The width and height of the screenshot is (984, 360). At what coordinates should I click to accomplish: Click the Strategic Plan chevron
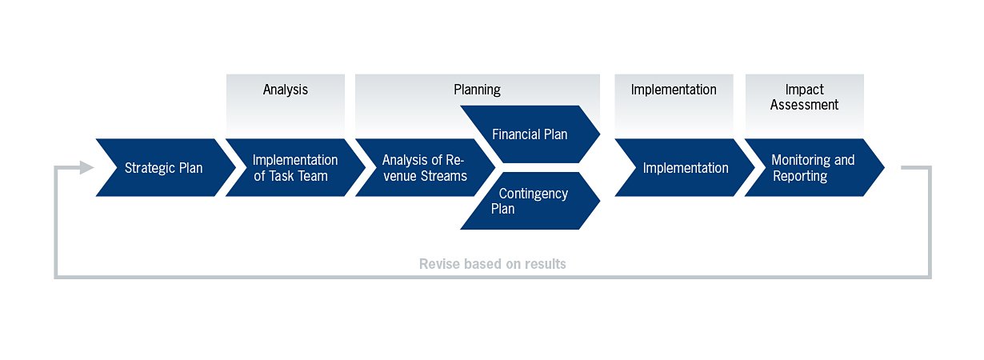pyautogui.click(x=164, y=168)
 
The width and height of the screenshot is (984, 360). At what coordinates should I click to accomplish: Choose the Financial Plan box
pyautogui.click(x=530, y=134)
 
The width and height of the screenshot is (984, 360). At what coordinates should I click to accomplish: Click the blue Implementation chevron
pyautogui.click(x=685, y=168)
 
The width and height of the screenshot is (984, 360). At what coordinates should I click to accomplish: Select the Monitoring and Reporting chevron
pyautogui.click(x=813, y=168)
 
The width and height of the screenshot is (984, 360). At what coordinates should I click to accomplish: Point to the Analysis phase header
pyautogui.click(x=285, y=90)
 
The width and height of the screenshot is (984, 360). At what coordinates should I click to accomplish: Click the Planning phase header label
pyautogui.click(x=477, y=90)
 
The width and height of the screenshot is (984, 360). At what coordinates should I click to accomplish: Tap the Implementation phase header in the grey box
pyautogui.click(x=674, y=90)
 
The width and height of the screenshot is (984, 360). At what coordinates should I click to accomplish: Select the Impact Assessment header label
pyautogui.click(x=804, y=97)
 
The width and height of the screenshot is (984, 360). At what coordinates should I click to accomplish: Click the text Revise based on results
pyautogui.click(x=492, y=264)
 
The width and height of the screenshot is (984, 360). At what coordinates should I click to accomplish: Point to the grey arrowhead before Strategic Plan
pyautogui.click(x=86, y=167)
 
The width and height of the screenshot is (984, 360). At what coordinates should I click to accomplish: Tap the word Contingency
pyautogui.click(x=533, y=194)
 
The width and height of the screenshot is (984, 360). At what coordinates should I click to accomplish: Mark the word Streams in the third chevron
pyautogui.click(x=445, y=176)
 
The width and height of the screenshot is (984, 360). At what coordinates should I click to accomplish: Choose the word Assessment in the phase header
pyautogui.click(x=804, y=105)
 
